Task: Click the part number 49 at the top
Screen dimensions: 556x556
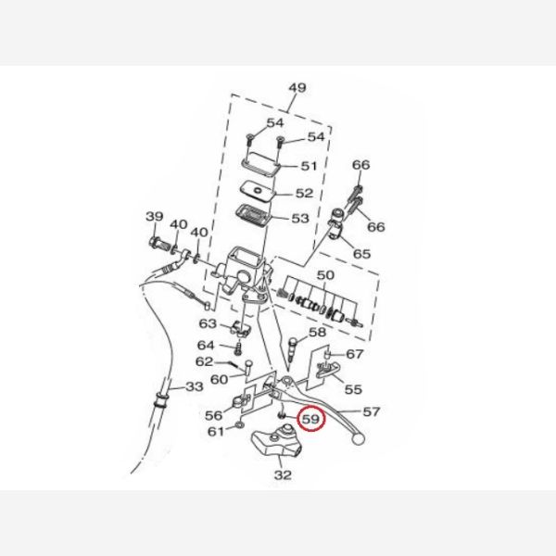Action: (x=297, y=89)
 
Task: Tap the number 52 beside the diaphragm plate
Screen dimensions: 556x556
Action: (x=305, y=194)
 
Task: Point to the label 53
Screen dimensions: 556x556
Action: (x=299, y=219)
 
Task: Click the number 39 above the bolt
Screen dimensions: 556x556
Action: (x=154, y=217)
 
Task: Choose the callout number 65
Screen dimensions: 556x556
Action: (x=361, y=253)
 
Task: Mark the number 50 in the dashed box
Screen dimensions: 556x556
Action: (x=324, y=276)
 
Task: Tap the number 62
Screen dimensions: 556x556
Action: (x=204, y=362)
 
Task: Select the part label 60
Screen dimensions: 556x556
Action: (x=220, y=378)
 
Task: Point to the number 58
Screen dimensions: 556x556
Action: (x=317, y=332)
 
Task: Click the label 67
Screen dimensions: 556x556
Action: (x=355, y=355)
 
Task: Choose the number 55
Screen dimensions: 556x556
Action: (x=353, y=390)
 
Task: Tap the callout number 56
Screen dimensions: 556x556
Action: (x=213, y=415)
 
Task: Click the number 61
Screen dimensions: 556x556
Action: (x=215, y=431)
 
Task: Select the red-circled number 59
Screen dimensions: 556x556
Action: (x=311, y=420)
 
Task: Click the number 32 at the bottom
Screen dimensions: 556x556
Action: (x=283, y=475)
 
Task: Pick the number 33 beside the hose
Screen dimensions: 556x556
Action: (x=194, y=385)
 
